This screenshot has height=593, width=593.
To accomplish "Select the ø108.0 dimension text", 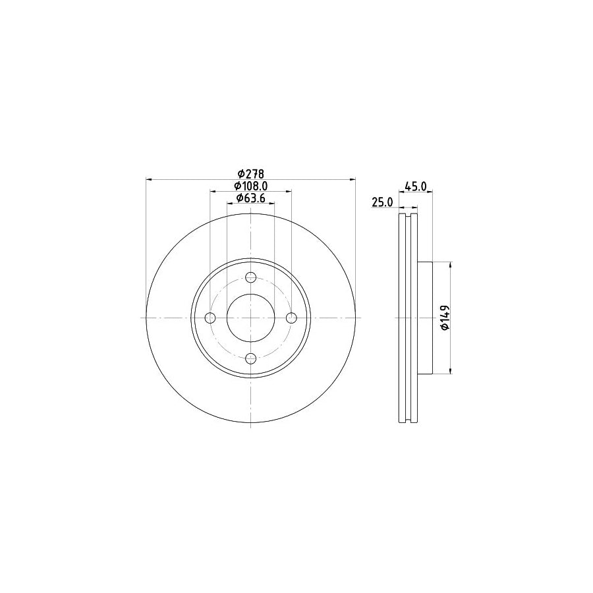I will [250, 186].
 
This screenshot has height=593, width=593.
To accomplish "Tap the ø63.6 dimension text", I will [250, 199].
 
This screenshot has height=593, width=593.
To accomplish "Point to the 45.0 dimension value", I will [415, 186].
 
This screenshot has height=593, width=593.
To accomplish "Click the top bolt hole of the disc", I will [250, 277].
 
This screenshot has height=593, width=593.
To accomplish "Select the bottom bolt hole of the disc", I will [250, 358].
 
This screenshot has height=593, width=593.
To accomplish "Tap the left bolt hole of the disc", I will [210, 318].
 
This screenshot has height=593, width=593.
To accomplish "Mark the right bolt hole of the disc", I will [291, 318].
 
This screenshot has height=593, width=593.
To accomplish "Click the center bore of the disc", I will [250, 318].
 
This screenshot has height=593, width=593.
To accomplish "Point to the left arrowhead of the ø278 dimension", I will [149, 179].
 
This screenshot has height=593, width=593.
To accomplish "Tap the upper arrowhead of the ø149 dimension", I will [451, 266].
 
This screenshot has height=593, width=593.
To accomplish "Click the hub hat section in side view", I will [424, 318].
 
